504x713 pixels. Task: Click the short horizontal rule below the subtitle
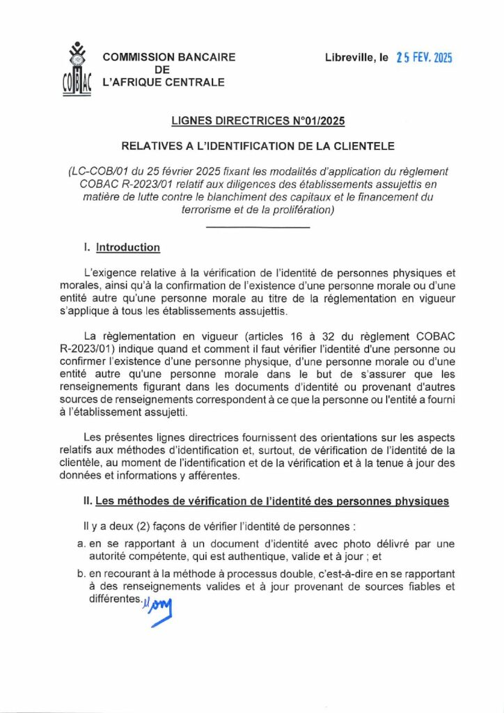tap(258, 228)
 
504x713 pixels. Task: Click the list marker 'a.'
tap(80, 543)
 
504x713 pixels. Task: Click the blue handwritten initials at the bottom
tap(159, 611)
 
